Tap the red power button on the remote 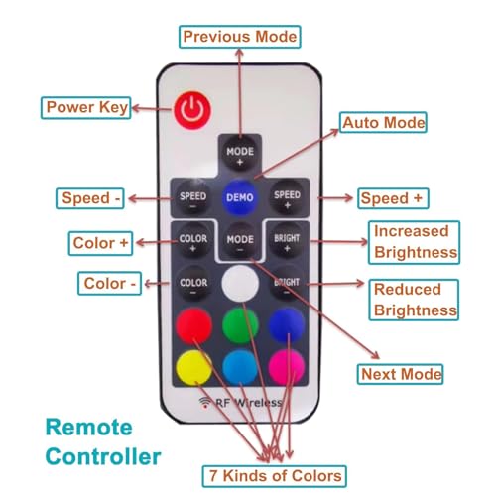192,110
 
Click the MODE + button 240,155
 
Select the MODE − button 240,242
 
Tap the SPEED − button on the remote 193,198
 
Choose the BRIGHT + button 287,241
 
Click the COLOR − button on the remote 193,285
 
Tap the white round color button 240,283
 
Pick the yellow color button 194,368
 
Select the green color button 240,325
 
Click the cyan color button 240,368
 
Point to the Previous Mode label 240,37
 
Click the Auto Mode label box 383,123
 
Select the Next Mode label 401,374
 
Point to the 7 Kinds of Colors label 275,476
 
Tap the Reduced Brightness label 415,300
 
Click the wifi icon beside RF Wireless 205,402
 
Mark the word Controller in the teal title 103,456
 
